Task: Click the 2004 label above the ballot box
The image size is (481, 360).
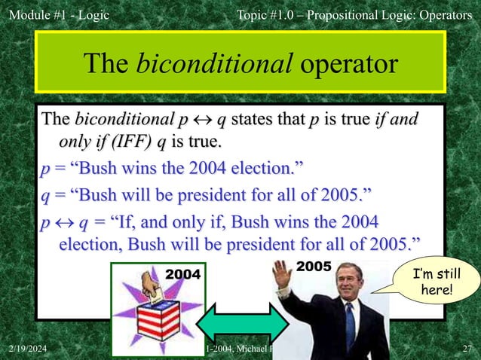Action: tap(184, 275)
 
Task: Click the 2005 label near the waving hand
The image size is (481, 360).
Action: tap(314, 267)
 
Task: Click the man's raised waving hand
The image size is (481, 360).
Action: tap(281, 274)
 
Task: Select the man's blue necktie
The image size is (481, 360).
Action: tap(350, 325)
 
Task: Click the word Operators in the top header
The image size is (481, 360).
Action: tap(445, 14)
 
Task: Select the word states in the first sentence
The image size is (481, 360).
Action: tap(252, 121)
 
